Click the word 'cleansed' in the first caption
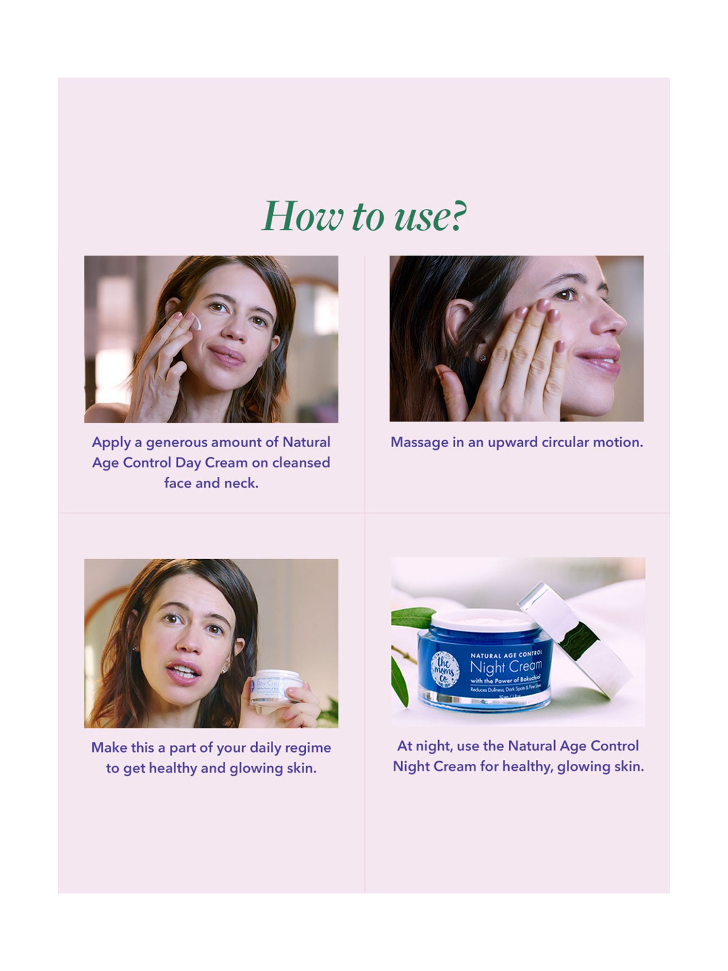[x=301, y=463]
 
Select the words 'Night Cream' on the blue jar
[x=506, y=667]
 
